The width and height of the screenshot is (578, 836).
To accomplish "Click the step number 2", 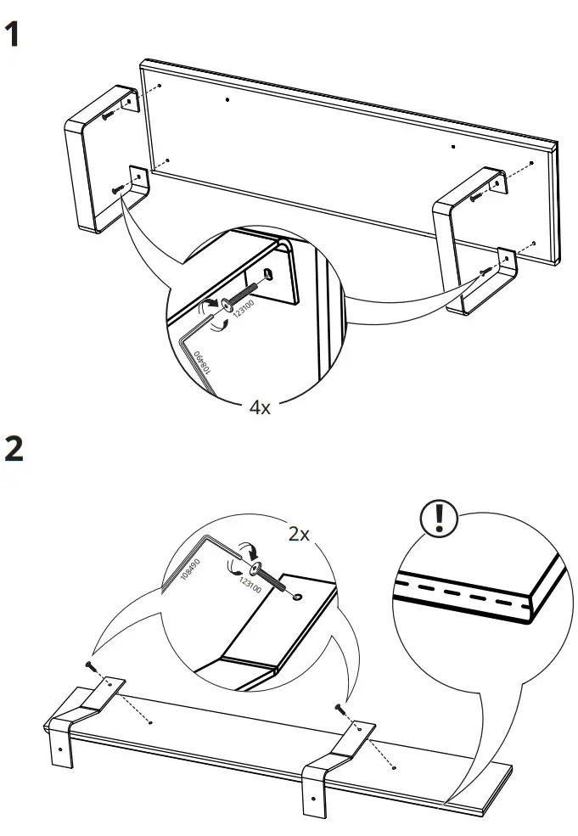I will click(14, 450).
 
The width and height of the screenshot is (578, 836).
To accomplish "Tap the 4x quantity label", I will click(259, 407).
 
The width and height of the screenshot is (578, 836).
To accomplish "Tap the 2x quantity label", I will click(299, 535).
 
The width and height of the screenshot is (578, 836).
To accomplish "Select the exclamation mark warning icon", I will click(439, 517).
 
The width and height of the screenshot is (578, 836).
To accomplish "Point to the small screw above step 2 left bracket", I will click(88, 665).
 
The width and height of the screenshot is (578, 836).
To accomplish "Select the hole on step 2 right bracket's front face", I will click(312, 799).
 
